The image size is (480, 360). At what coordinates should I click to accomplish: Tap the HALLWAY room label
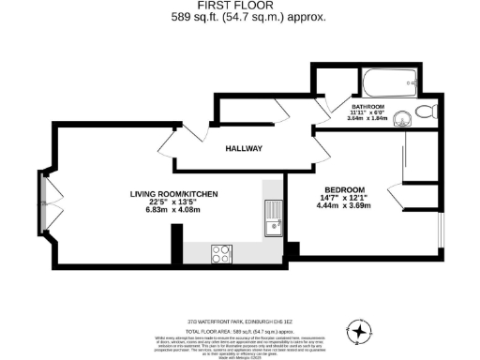point(243,149)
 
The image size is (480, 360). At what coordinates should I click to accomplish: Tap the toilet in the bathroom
point(425,112)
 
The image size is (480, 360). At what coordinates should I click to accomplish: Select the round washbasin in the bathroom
point(404,117)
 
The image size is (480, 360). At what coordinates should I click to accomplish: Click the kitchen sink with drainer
point(273,217)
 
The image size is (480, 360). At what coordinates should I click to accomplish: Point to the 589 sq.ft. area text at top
point(247,17)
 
